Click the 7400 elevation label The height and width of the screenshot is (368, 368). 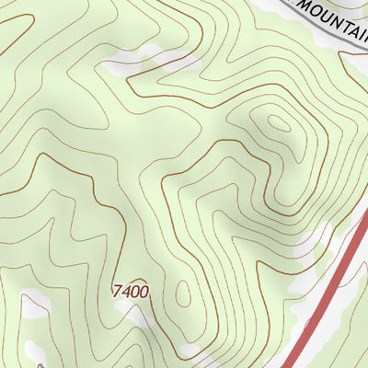(131, 292)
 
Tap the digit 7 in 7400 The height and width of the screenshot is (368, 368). (118, 292)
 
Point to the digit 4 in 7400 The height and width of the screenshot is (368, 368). (126, 292)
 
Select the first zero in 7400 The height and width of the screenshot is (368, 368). (135, 292)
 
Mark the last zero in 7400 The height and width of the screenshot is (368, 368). (144, 292)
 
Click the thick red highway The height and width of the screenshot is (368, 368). (322, 304)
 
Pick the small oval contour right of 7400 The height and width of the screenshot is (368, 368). (182, 293)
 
